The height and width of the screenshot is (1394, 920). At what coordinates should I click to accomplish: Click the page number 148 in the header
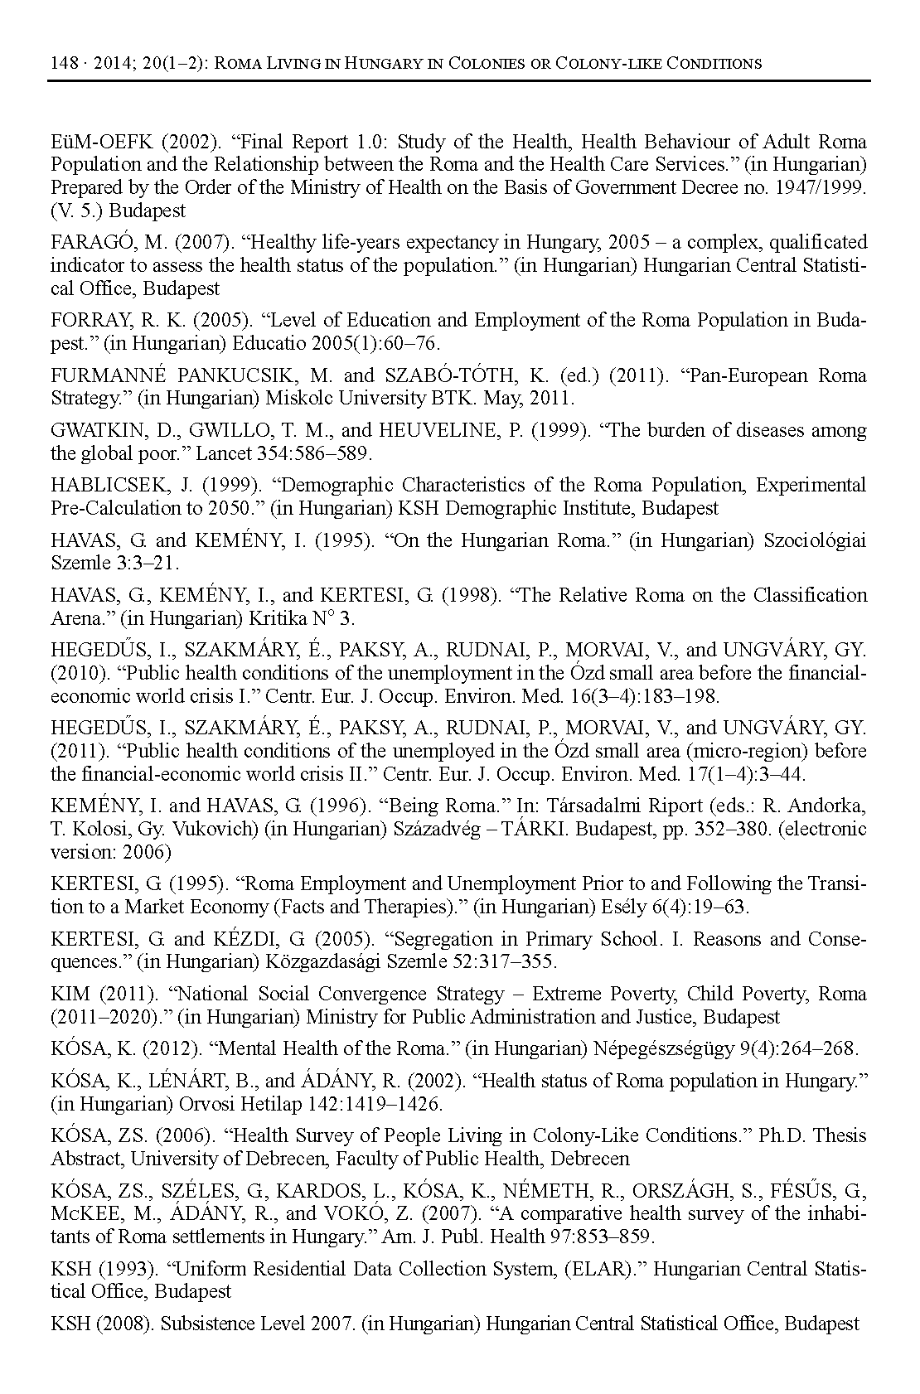pyautogui.click(x=63, y=63)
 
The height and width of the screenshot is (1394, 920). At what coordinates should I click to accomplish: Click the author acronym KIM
pyautogui.click(x=68, y=994)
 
